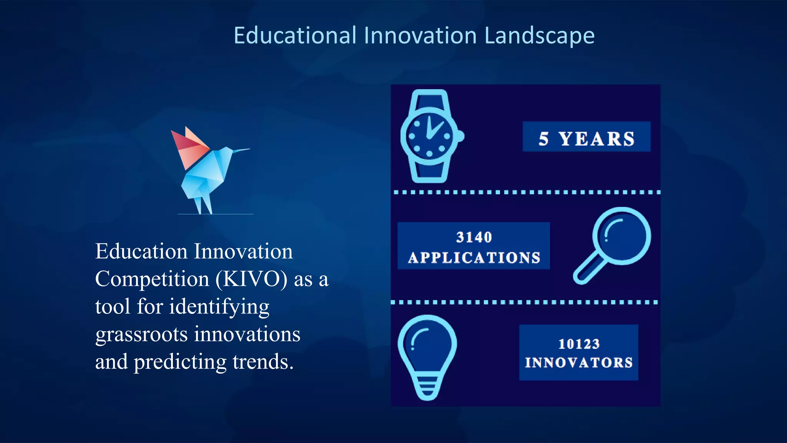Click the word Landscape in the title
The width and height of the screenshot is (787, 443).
tap(539, 36)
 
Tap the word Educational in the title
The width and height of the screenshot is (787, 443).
tap(295, 36)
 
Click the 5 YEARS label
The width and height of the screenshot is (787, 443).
tap(586, 138)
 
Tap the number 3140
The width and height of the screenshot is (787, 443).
tap(474, 237)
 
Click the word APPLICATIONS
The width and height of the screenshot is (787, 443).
tap(474, 258)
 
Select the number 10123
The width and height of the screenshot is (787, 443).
tap(579, 344)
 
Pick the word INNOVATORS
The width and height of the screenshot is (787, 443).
tap(579, 363)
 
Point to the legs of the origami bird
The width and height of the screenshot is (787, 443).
tap(203, 204)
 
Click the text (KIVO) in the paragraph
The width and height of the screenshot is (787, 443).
tap(251, 279)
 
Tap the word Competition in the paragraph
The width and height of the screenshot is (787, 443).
tap(152, 279)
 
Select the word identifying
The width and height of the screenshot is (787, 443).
tap(219, 307)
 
